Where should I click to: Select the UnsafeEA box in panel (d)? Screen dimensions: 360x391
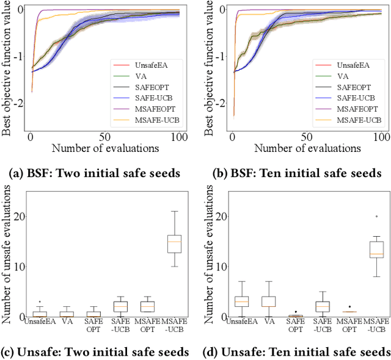[x=225, y=301]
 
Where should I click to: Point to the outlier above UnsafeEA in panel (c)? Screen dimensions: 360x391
[x=39, y=301]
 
